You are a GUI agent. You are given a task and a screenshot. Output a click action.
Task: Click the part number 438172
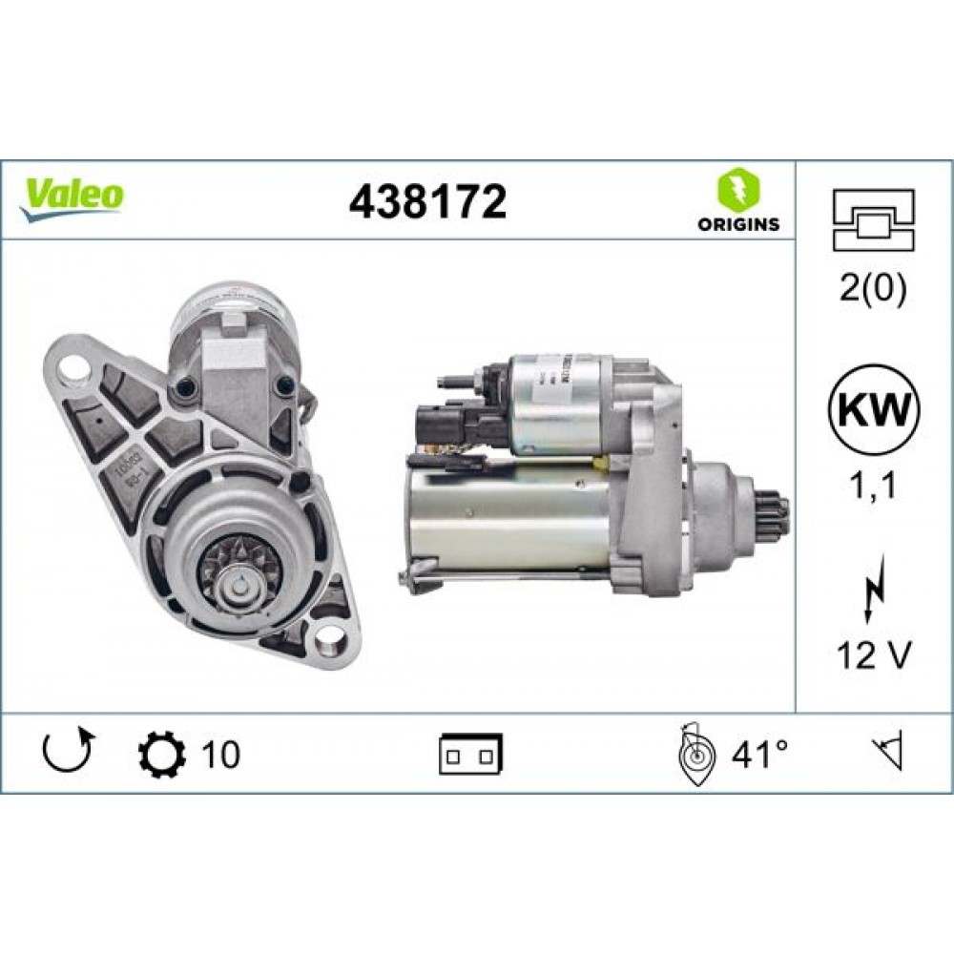tap(427, 201)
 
